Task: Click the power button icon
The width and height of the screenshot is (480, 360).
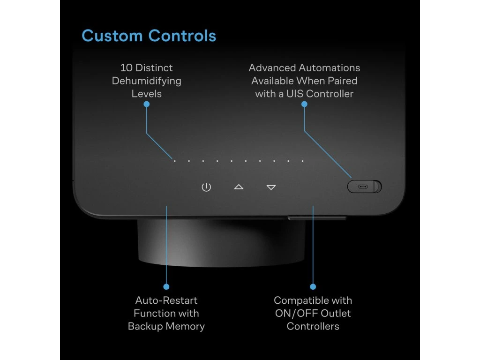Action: click(206, 187)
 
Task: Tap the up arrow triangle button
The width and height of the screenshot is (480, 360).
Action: click(239, 187)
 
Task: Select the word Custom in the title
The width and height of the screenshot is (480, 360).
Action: click(112, 36)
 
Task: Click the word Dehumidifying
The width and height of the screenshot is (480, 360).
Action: click(146, 81)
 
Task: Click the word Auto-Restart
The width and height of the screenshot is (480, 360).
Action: click(166, 300)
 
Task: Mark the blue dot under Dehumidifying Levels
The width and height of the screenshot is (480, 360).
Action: click(146, 104)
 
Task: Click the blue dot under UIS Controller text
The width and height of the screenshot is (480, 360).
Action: click(304, 104)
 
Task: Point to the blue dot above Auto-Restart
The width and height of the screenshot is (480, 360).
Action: click(166, 286)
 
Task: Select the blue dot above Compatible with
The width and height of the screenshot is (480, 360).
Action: click(313, 286)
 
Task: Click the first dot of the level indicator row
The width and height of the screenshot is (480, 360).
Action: click(175, 161)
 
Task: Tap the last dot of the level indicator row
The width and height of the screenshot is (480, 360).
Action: click(302, 161)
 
